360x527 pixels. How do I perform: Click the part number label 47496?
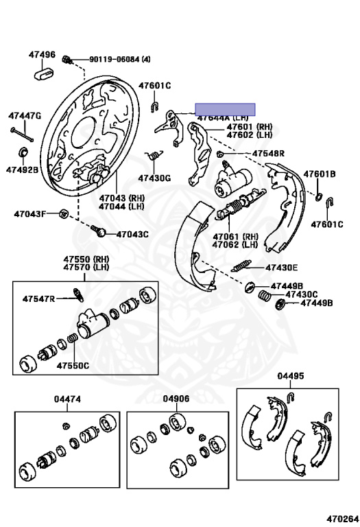coord(42,54)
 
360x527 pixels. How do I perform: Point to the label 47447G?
coord(25,116)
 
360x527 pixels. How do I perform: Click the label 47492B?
coord(23,169)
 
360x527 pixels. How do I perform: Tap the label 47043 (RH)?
coord(121,198)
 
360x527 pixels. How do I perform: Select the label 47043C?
coord(132,234)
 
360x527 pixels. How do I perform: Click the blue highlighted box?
coord(225,108)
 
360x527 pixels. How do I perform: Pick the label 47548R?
coord(268,153)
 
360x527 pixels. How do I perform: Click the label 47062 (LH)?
coord(235,244)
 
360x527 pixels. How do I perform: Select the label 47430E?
coord(281,267)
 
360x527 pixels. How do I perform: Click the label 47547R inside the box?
coord(38,298)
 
